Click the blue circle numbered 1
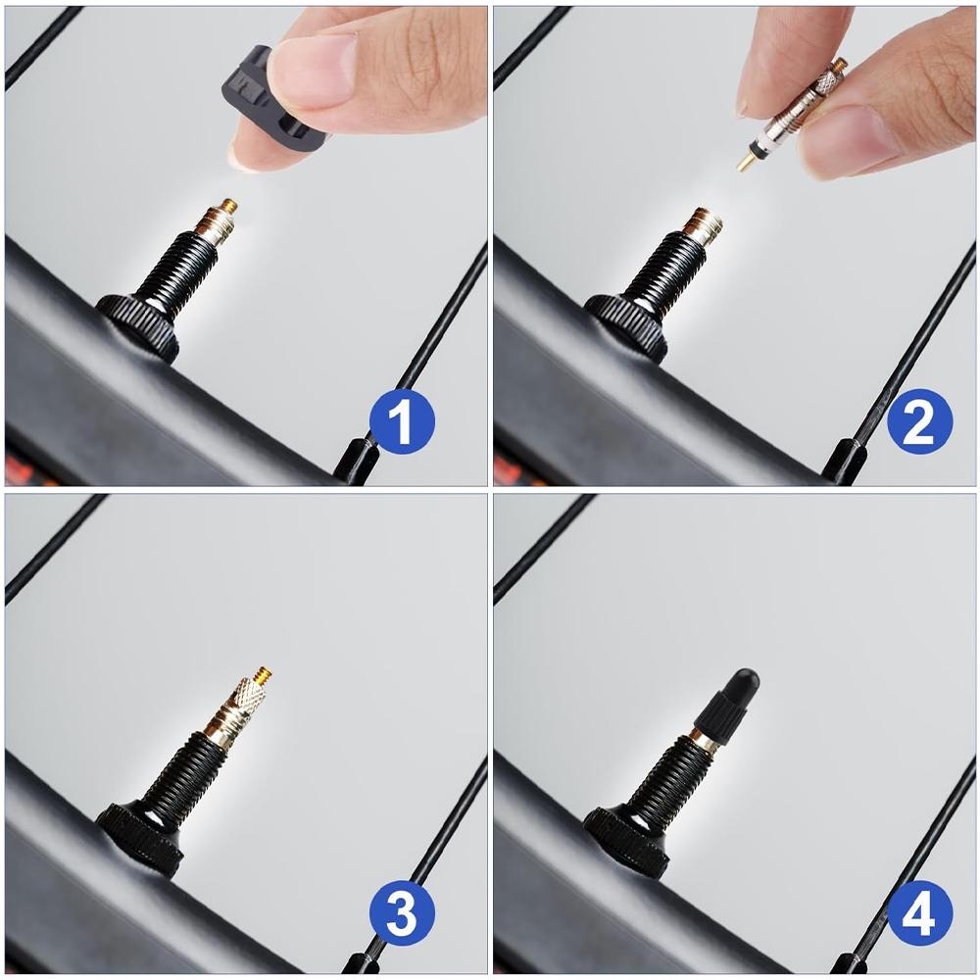coord(402,421)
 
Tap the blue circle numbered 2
coord(919,421)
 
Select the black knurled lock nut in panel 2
coord(627,323)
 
